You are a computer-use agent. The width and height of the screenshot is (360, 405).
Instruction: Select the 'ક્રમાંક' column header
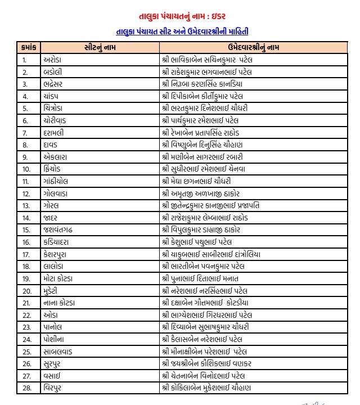coord(28,47)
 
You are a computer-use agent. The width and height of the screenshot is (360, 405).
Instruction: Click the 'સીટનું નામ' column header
coord(99,47)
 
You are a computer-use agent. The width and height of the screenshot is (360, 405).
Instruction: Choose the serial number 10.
coord(26,169)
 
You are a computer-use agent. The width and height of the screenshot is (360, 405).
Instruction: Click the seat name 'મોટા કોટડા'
coord(60,278)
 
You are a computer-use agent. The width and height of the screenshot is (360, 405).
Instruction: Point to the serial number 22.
coord(26,315)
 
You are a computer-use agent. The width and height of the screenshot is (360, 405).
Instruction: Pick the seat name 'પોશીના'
coord(56,339)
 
